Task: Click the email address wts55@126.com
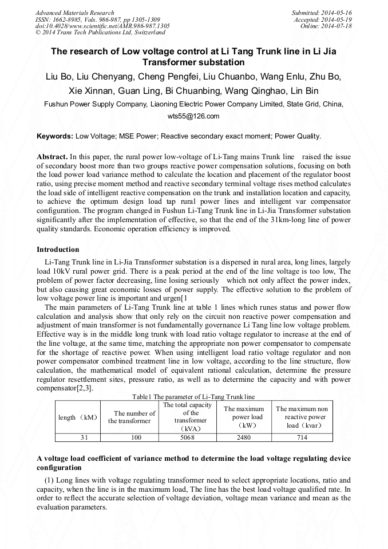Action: click(193, 116)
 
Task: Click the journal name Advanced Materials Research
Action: click(74, 13)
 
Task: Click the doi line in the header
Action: click(102, 26)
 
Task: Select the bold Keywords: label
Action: click(55, 136)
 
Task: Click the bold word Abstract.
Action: click(52, 156)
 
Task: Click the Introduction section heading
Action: click(58, 250)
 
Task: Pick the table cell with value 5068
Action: click(187, 437)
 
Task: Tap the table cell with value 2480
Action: click(243, 437)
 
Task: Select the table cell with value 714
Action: click(302, 437)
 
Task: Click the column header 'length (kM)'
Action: click(78, 417)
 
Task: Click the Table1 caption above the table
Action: click(193, 397)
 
